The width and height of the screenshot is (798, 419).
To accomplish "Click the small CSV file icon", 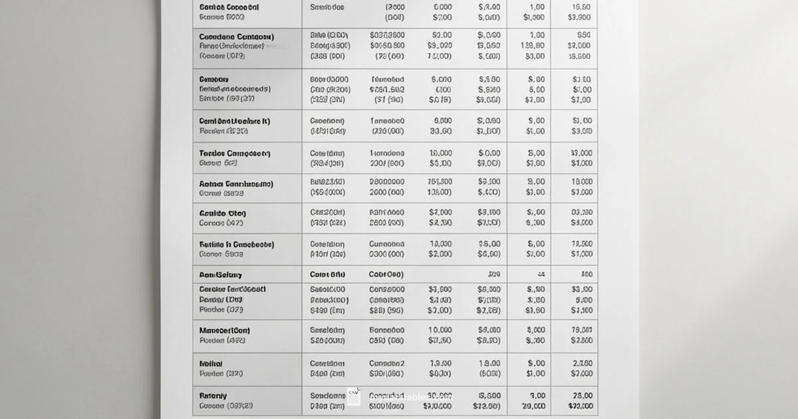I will click(x=354, y=396).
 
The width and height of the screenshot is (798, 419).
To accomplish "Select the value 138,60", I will click(x=533, y=46).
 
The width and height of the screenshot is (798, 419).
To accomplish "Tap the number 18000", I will click(x=581, y=182).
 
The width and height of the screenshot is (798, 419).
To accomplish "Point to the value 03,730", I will click(x=581, y=213).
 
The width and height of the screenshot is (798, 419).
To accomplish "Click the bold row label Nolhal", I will click(x=211, y=364).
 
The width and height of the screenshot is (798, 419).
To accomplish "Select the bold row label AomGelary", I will click(x=221, y=275).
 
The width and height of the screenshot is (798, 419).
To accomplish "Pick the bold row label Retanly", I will click(x=213, y=395).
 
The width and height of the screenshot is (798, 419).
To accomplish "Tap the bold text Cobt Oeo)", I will click(x=386, y=274).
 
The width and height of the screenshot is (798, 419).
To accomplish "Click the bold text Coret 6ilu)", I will click(x=328, y=274).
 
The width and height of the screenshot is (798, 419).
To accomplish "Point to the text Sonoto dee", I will click(x=327, y=7).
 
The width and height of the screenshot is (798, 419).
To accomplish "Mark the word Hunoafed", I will click(x=387, y=79).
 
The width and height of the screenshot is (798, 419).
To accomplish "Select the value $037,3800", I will click(x=387, y=35).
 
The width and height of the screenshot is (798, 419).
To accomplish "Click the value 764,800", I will click(x=440, y=182).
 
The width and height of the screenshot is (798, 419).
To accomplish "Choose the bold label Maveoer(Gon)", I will click(x=225, y=330).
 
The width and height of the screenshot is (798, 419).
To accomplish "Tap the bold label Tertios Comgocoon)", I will click(x=235, y=153).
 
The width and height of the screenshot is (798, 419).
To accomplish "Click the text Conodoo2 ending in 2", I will click(x=387, y=364).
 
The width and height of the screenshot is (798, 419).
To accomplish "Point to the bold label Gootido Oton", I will click(x=223, y=213).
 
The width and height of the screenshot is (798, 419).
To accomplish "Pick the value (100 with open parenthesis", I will click(x=442, y=89).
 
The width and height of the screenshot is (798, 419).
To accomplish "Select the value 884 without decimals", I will click(x=584, y=35).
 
